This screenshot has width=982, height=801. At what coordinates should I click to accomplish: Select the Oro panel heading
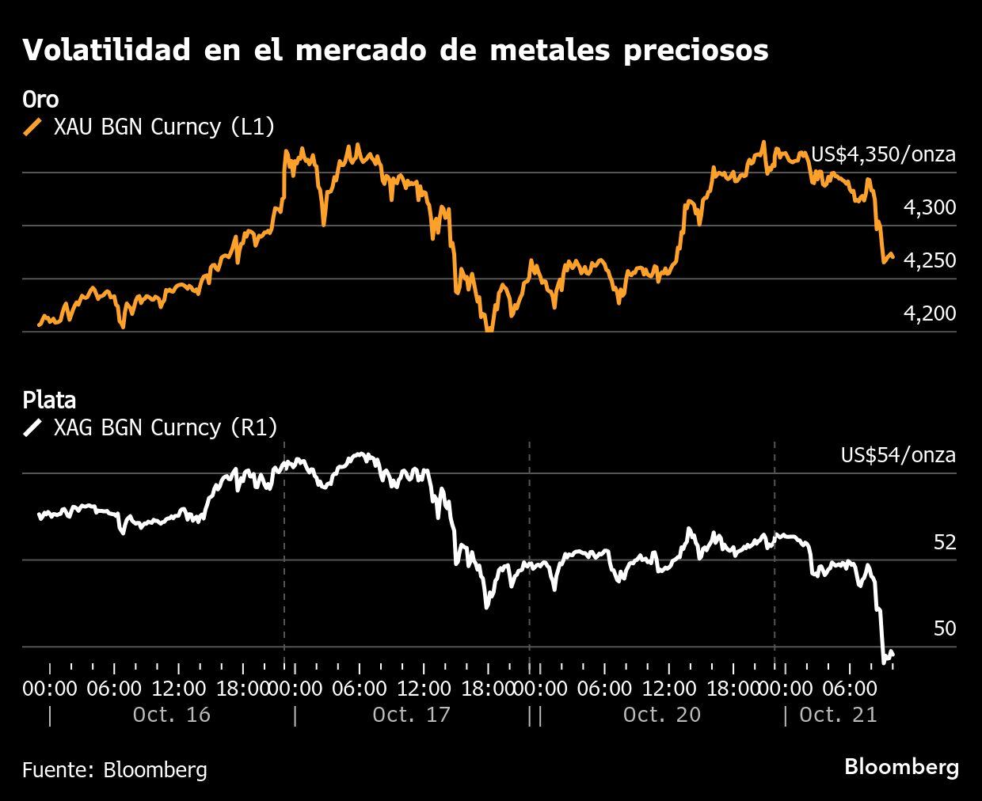pos(40,100)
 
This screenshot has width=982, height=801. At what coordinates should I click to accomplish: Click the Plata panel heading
pos(49,400)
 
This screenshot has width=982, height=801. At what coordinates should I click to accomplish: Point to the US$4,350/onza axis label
pos(883,154)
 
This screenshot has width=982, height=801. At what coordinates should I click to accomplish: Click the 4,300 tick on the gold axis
pos(930,207)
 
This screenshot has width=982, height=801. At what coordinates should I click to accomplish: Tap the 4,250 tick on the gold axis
pos(930,260)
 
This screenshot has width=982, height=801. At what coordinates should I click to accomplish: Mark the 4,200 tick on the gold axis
pos(930,313)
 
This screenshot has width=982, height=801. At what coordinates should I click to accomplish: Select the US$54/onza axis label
pos(898,455)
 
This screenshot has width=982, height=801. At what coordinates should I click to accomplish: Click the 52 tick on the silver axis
pos(945,542)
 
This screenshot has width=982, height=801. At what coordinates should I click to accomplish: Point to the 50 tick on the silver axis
pos(945,628)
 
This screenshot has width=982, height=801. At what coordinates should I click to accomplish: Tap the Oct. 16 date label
pos(172,715)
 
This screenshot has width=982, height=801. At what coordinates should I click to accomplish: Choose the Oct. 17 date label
pos(411,715)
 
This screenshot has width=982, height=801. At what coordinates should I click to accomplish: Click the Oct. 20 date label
pos(661,715)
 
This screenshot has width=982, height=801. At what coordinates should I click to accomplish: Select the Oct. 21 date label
pos(838,715)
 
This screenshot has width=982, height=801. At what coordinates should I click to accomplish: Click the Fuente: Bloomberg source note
pos(115,769)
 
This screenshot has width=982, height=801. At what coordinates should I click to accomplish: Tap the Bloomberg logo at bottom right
pos(901,767)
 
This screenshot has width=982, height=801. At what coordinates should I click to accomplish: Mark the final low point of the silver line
pos(885,662)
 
